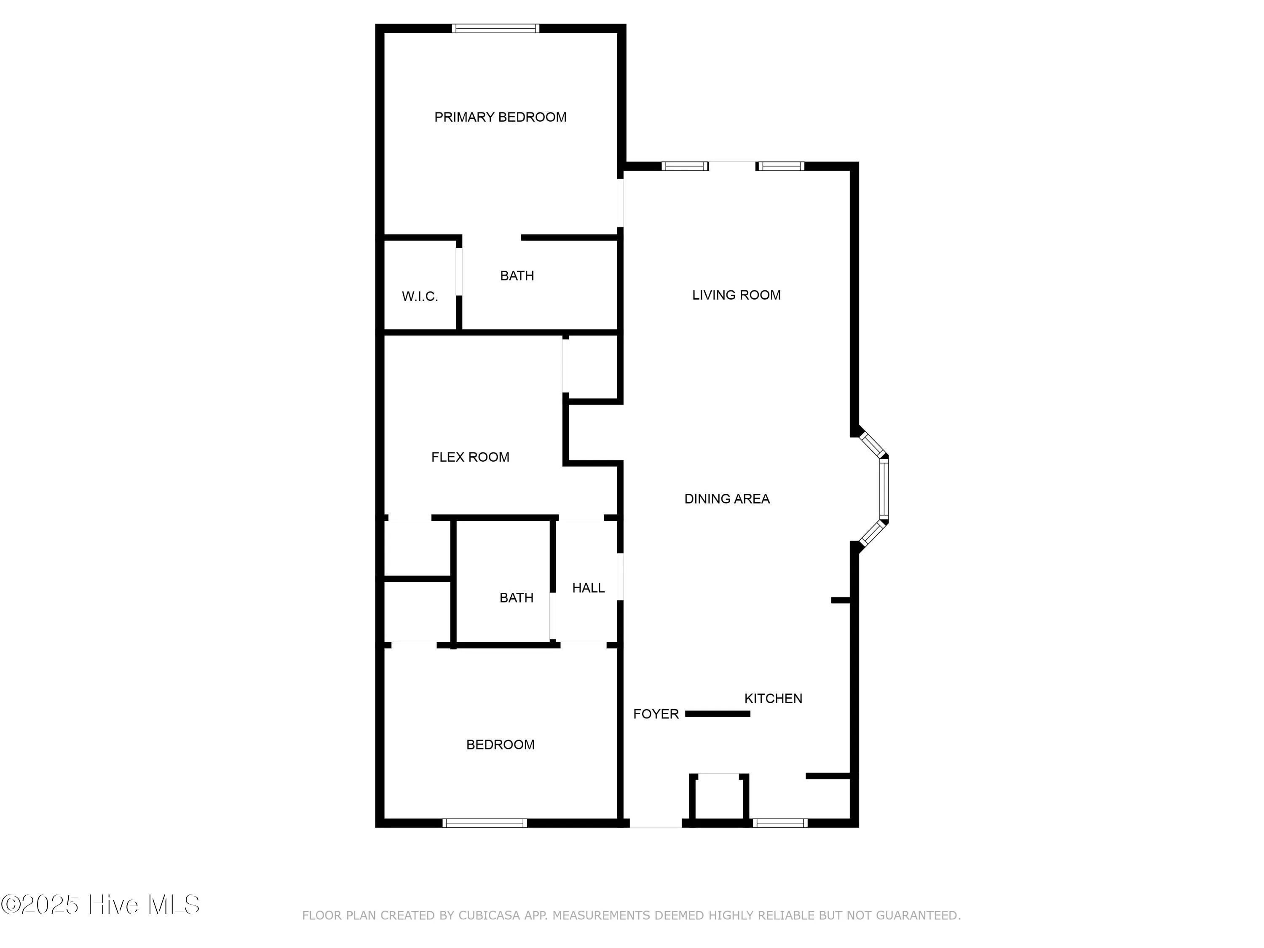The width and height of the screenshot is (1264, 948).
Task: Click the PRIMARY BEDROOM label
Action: click(500, 117)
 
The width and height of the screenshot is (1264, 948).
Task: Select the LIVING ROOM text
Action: click(736, 295)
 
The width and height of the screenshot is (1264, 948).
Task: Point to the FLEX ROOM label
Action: click(470, 457)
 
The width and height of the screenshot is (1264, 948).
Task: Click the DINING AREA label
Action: click(727, 499)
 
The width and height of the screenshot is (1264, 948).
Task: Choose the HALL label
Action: click(588, 588)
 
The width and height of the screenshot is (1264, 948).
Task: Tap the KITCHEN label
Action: click(773, 698)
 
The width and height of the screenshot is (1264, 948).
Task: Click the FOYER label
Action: click(656, 714)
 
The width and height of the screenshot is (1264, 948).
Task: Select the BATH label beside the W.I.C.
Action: click(517, 276)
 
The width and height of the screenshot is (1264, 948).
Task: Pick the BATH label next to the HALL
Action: click(516, 598)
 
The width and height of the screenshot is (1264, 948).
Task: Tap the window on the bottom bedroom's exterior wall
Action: click(485, 823)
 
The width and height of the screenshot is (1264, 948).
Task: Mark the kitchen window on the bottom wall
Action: click(780, 823)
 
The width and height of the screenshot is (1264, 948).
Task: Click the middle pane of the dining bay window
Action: click(884, 489)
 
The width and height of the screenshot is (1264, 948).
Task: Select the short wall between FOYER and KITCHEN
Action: click(717, 714)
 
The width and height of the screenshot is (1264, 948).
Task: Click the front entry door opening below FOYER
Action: click(656, 823)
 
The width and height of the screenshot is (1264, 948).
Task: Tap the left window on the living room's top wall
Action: click(685, 166)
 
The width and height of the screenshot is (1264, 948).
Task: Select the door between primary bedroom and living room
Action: click(621, 203)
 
